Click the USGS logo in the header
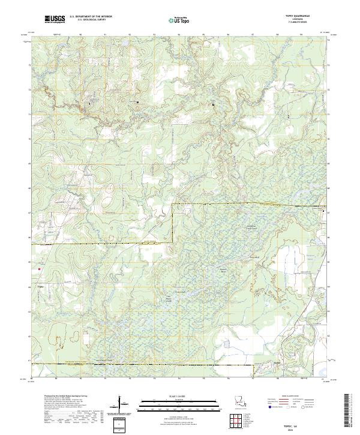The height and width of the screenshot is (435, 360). pyautogui.click(x=55, y=19)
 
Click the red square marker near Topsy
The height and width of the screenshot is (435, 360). pyautogui.click(x=40, y=269)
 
